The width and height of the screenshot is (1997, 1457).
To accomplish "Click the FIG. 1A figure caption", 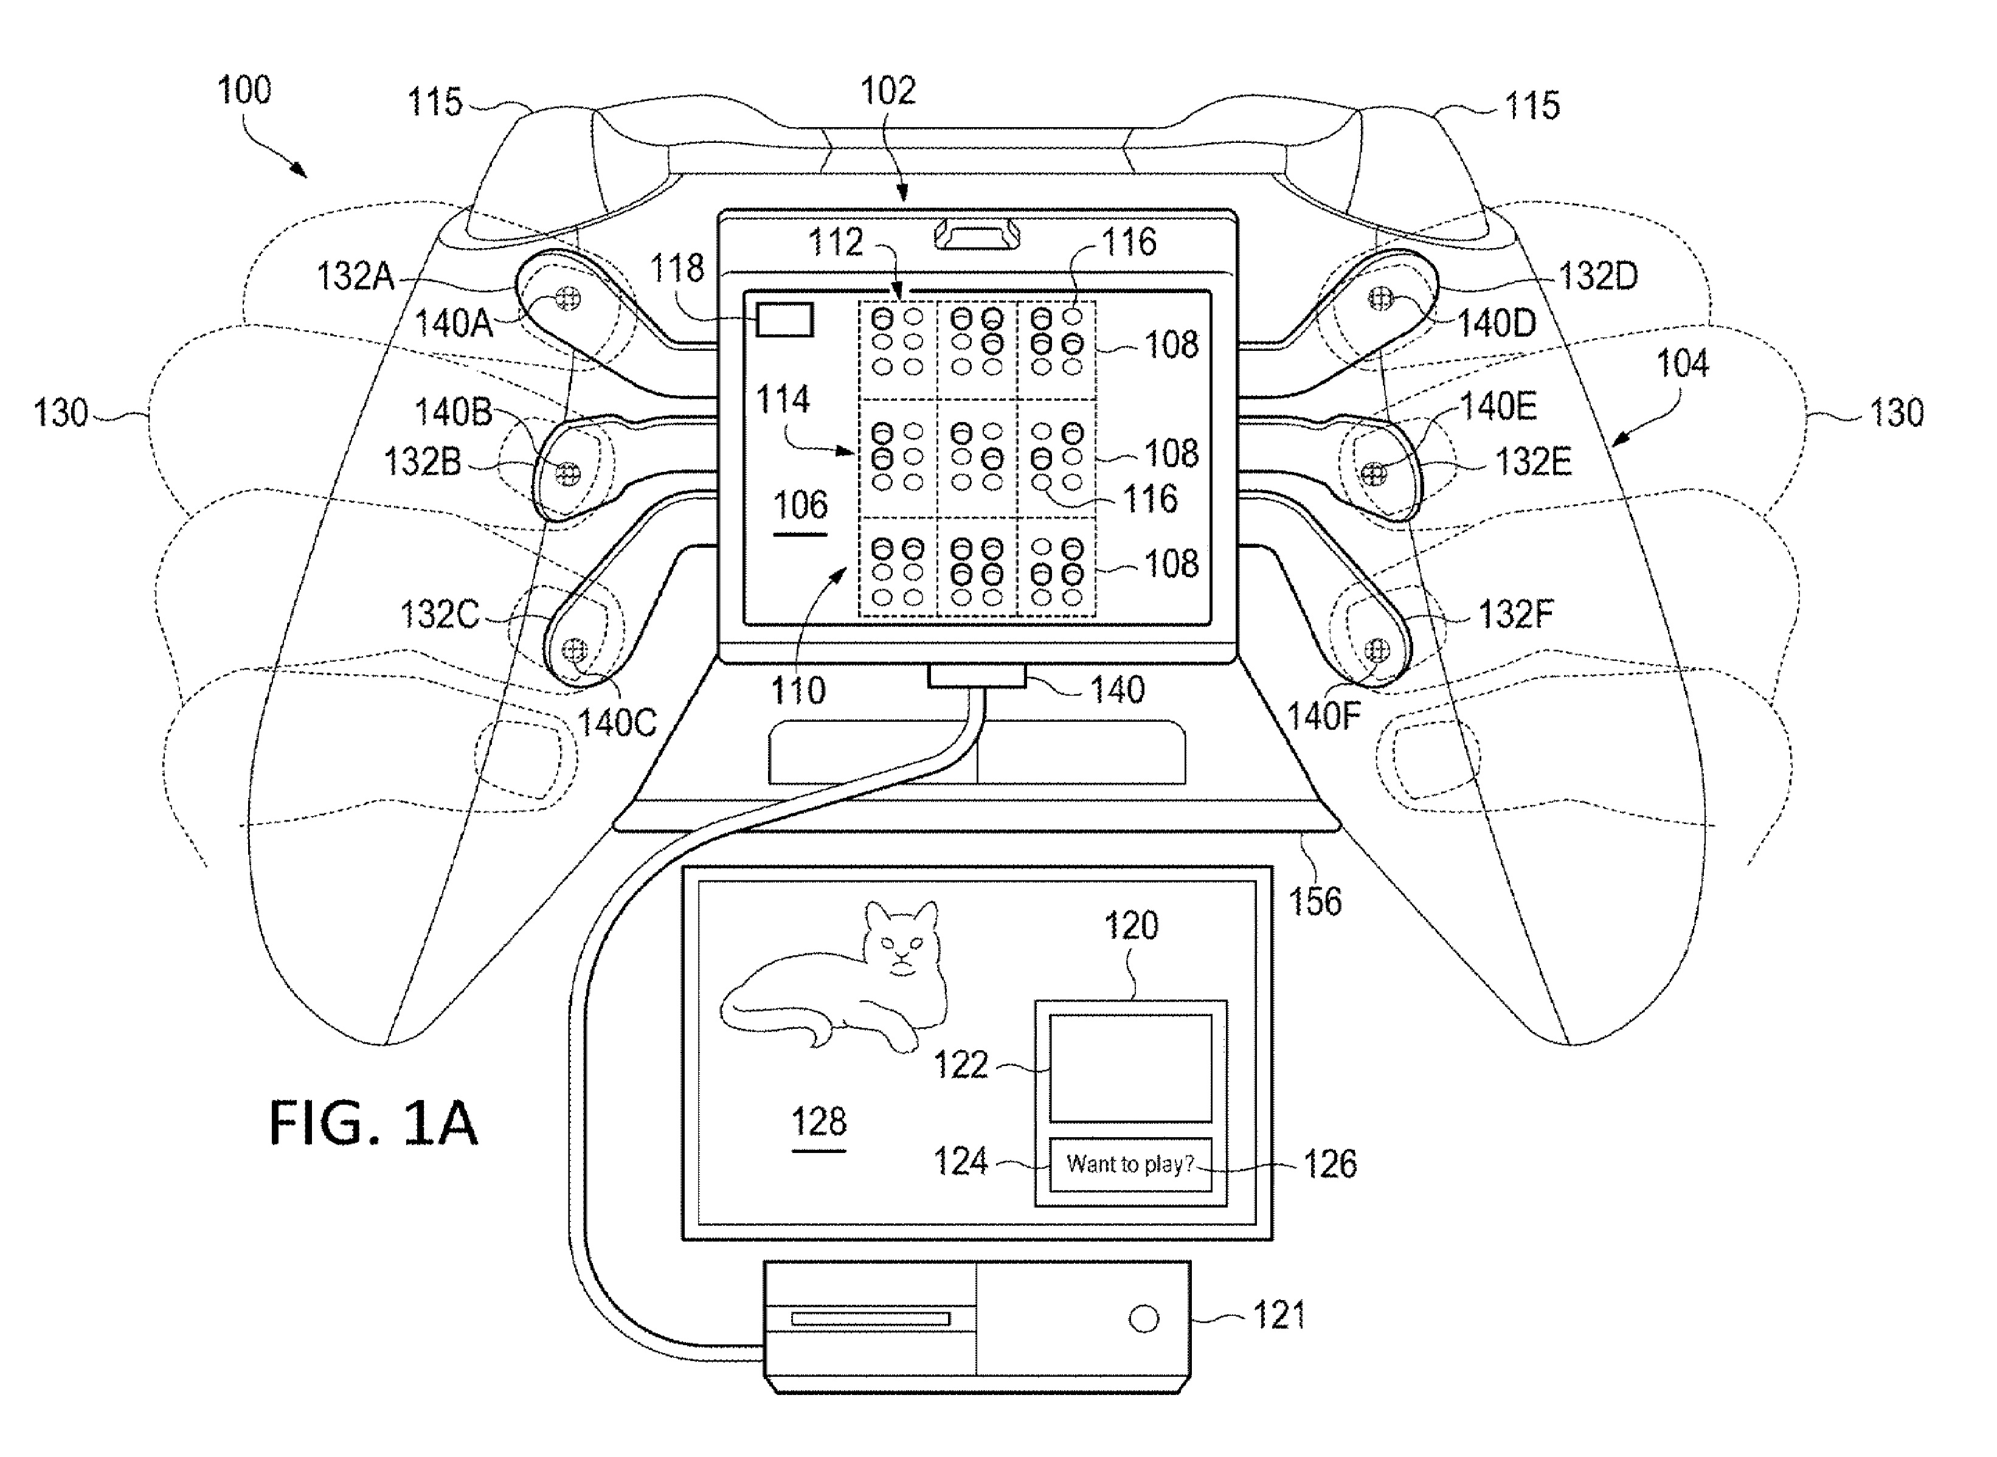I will pyautogui.click(x=373, y=1123).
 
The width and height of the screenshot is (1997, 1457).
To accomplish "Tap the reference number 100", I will pyautogui.click(x=244, y=90).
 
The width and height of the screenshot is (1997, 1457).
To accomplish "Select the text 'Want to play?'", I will pyautogui.click(x=1130, y=1164).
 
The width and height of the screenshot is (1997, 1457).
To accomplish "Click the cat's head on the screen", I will pyautogui.click(x=901, y=940).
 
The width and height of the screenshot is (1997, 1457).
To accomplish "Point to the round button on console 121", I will pyautogui.click(x=1144, y=1320).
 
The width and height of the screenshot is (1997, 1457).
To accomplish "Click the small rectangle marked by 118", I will pyautogui.click(x=784, y=320).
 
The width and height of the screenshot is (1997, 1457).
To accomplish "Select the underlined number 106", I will pyautogui.click(x=800, y=505).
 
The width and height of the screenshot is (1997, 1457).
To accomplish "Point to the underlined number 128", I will pyautogui.click(x=819, y=1122).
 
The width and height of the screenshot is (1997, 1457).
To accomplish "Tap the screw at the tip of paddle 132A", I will pyautogui.click(x=568, y=299).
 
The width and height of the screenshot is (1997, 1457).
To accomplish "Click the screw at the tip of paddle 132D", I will pyautogui.click(x=1380, y=299).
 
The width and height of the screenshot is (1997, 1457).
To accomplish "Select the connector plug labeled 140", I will pyautogui.click(x=977, y=676).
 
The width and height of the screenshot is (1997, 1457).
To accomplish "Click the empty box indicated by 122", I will pyautogui.click(x=1130, y=1068).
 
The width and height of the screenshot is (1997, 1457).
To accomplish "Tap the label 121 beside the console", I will pyautogui.click(x=1279, y=1316).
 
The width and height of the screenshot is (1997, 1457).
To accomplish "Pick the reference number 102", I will pyautogui.click(x=888, y=90).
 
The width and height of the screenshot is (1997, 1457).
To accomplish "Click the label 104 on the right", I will pyautogui.click(x=1682, y=364).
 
